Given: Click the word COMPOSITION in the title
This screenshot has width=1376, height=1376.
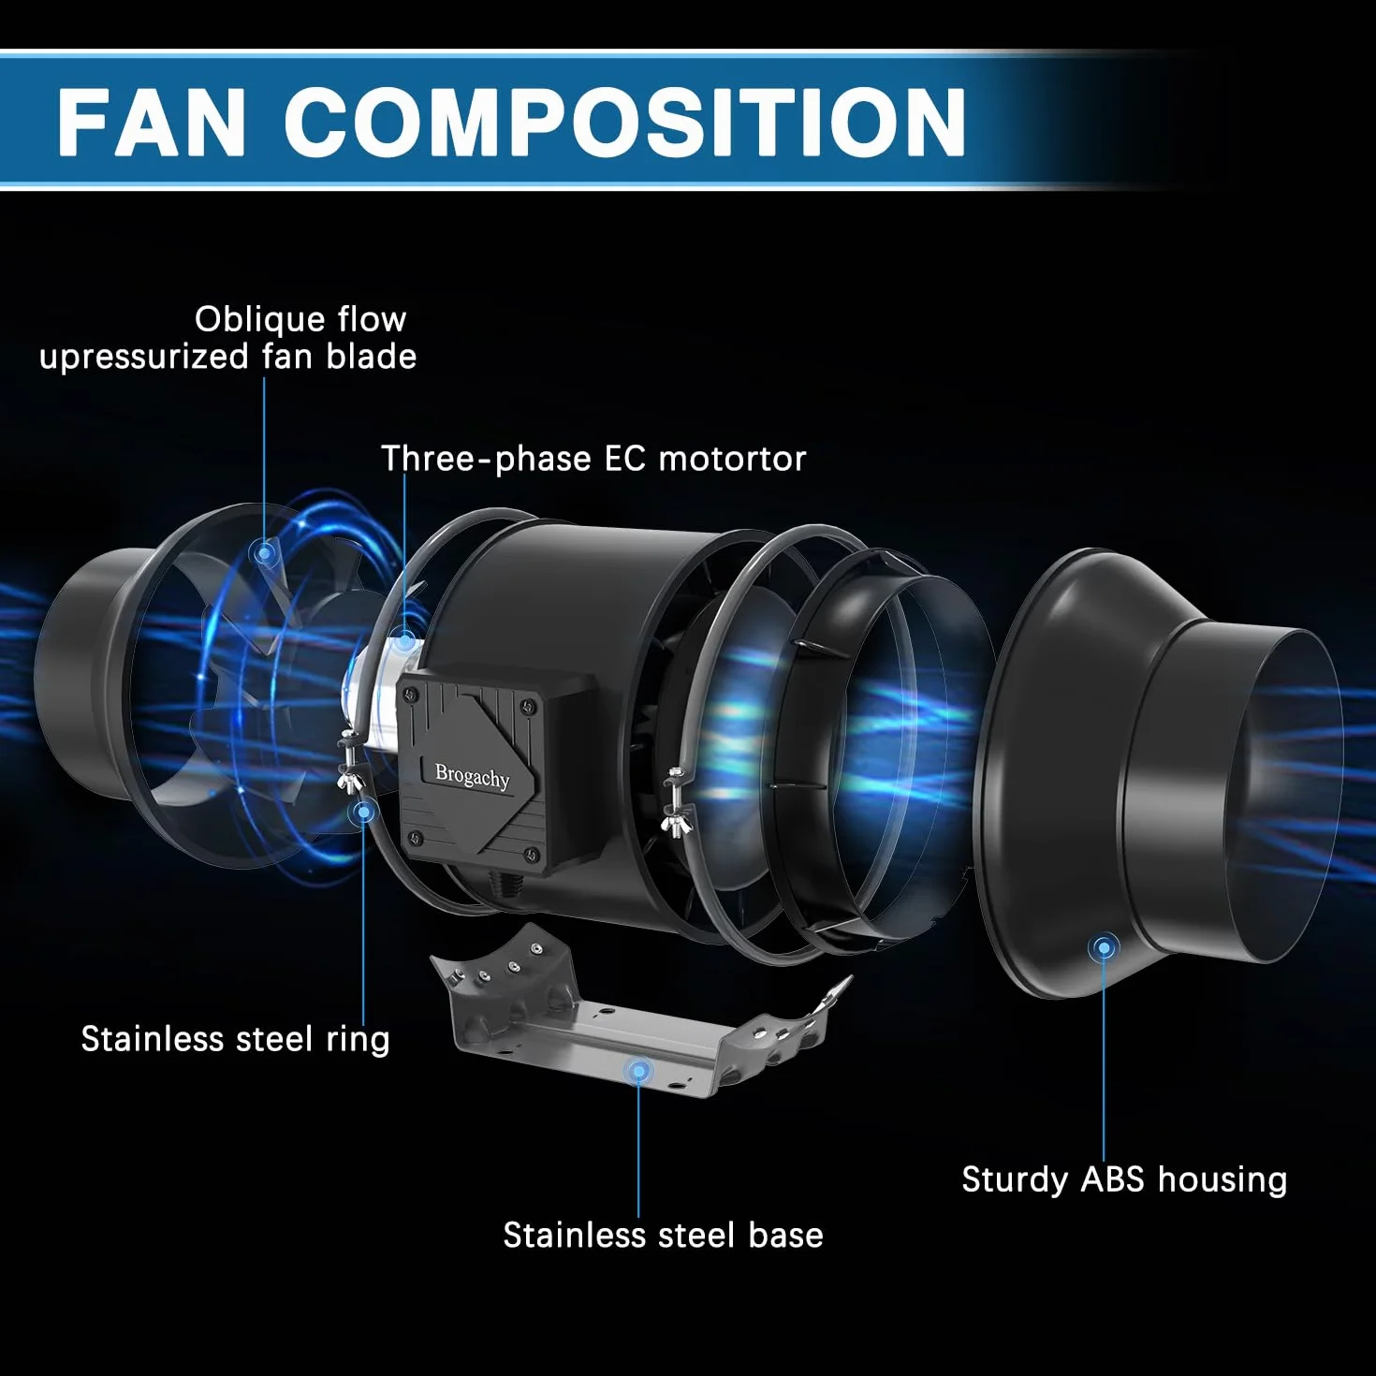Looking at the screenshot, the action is (x=625, y=121).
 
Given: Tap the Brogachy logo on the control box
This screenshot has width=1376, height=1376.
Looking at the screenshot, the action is (x=472, y=776).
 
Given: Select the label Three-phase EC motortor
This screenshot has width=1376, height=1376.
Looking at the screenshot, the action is (x=593, y=459).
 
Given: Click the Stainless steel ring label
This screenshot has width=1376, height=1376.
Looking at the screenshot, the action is (x=235, y=1038).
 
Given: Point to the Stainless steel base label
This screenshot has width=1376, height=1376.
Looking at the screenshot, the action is (x=664, y=1235).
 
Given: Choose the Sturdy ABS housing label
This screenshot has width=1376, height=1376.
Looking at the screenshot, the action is (x=1124, y=1179).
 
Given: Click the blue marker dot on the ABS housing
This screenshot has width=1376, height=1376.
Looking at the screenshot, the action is (x=1104, y=948).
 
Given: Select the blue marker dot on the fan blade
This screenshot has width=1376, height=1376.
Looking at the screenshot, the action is (x=265, y=552).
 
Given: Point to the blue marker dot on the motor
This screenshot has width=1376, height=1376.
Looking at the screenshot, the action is (x=405, y=640).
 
